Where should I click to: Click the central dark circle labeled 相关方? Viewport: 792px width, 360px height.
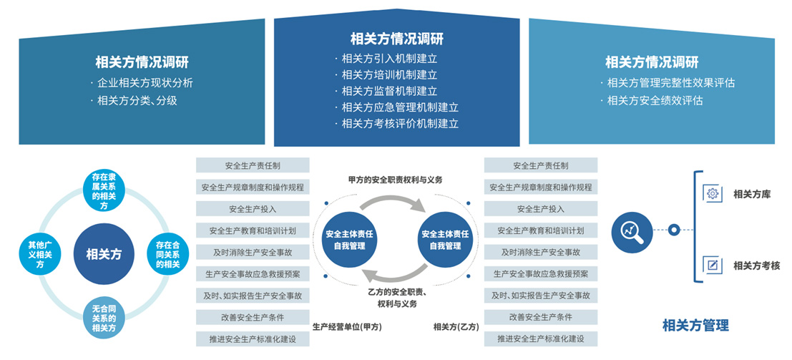click(104, 253)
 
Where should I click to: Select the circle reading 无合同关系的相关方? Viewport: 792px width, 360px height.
click(104, 318)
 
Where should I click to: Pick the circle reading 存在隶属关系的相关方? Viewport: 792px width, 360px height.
click(104, 191)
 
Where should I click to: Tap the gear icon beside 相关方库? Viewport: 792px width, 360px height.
click(713, 194)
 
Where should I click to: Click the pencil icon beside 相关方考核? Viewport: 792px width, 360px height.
click(713, 265)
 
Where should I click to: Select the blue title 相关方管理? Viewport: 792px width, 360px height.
click(695, 325)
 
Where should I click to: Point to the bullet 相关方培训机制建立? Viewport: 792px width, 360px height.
click(386, 75)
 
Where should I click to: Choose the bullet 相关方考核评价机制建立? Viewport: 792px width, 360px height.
click(396, 123)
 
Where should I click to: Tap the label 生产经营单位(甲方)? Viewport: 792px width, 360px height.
click(348, 327)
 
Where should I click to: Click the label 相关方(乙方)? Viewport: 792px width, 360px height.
click(456, 327)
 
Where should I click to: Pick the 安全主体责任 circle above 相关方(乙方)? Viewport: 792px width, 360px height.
click(445, 240)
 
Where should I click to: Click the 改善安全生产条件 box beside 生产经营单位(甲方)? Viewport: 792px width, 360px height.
click(253, 318)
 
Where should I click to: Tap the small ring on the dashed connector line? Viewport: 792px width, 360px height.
click(673, 230)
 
